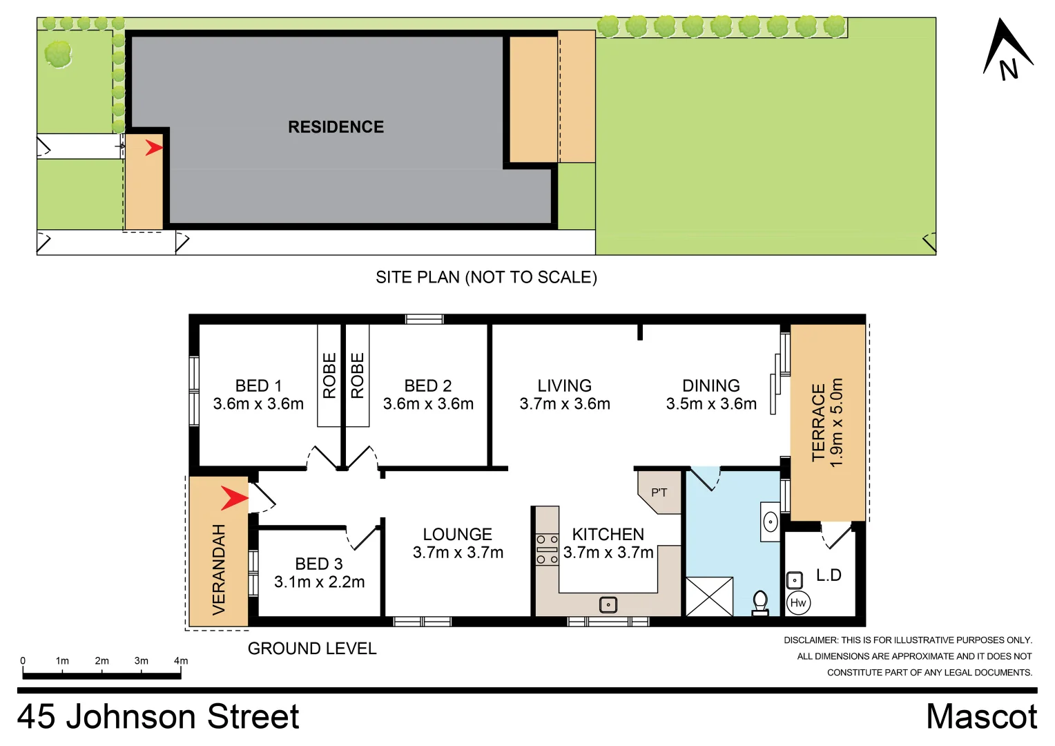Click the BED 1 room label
(x=258, y=385)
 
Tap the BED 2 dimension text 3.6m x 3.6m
(x=428, y=404)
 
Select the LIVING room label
(x=564, y=385)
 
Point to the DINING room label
(x=710, y=385)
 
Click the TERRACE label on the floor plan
(x=819, y=422)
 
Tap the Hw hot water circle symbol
(x=798, y=603)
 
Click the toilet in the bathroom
(x=760, y=602)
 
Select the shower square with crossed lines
(x=709, y=596)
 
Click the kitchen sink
(x=608, y=604)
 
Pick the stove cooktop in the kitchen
(x=547, y=549)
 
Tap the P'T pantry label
(x=659, y=492)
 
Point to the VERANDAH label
(x=219, y=570)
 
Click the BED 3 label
(x=318, y=564)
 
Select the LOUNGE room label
(x=457, y=534)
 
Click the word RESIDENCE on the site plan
(x=336, y=127)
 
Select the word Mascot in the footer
(x=981, y=716)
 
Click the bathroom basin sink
(x=771, y=522)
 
